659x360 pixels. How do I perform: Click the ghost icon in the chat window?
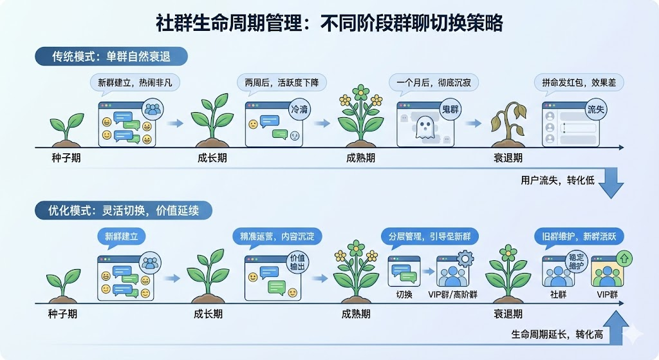click(x=424, y=127)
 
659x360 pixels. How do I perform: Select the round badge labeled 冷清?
click(x=299, y=109)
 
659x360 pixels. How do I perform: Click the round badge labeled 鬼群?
click(x=450, y=109)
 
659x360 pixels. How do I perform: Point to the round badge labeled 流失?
click(x=595, y=109)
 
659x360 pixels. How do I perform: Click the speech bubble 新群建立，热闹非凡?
click(x=135, y=83)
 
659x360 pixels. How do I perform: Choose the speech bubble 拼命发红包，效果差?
click(x=579, y=83)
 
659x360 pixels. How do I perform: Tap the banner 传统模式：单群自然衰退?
click(x=111, y=57)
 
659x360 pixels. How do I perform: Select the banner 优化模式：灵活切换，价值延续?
click(x=123, y=211)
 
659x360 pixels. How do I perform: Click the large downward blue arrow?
click(x=611, y=182)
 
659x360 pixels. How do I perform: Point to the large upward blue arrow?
click(x=616, y=327)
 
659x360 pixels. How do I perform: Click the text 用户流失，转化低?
click(x=557, y=180)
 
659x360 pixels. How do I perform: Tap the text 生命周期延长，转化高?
click(x=557, y=335)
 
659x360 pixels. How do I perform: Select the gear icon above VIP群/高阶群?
click(x=465, y=259)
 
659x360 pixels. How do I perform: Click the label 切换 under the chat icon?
click(x=404, y=295)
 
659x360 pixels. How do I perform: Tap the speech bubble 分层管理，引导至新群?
click(x=429, y=237)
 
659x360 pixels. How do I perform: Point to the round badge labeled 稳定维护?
click(x=576, y=261)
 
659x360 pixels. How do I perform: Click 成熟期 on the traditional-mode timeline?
click(x=360, y=158)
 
